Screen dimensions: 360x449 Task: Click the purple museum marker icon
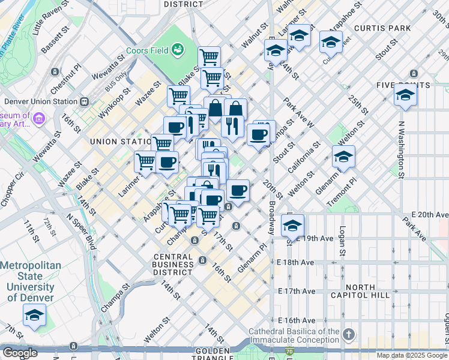click(40, 119)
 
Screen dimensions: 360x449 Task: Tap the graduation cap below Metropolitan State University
click(34, 314)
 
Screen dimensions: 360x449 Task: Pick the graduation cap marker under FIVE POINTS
click(406, 95)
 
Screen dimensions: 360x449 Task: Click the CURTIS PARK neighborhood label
click(382, 28)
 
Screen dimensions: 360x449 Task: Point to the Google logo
click(20, 353)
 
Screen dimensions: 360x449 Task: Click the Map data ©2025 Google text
click(412, 355)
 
